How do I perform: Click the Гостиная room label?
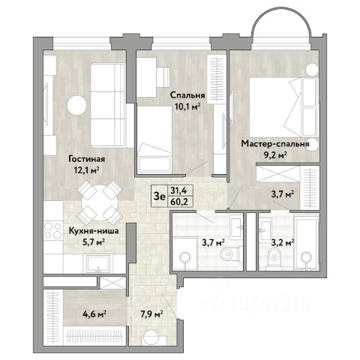click(x=87, y=159)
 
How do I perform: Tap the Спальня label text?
click(x=187, y=95)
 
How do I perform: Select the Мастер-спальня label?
click(x=275, y=144)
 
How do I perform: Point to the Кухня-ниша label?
click(x=94, y=230)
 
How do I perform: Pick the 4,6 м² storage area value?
click(x=94, y=313)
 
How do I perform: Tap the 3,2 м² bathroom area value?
click(x=283, y=242)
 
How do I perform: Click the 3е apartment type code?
click(x=160, y=196)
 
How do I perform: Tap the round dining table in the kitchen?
click(x=100, y=202)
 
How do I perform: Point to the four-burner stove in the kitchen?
click(x=52, y=230)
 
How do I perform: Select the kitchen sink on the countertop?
click(x=98, y=264)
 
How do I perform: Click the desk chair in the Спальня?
click(x=163, y=76)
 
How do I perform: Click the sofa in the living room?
click(x=108, y=105)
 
